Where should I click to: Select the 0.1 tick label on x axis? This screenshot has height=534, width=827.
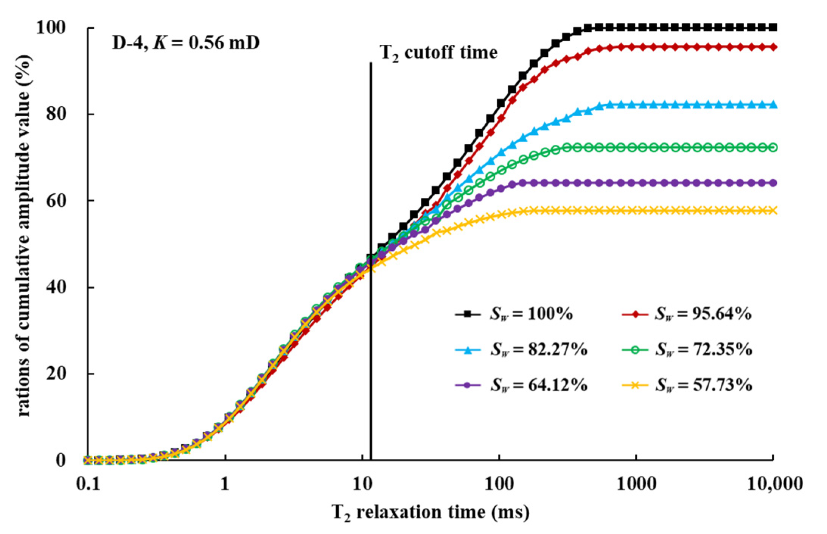tap(88, 484)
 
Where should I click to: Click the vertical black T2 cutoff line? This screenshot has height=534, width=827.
tap(371, 341)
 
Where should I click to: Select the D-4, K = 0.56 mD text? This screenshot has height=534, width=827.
tap(186, 42)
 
